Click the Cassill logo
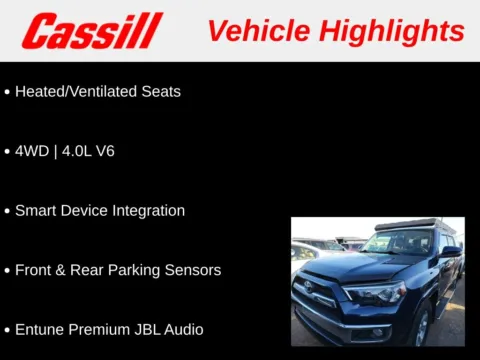(92, 31)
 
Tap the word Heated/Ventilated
(79, 91)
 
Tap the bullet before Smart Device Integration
(7, 211)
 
